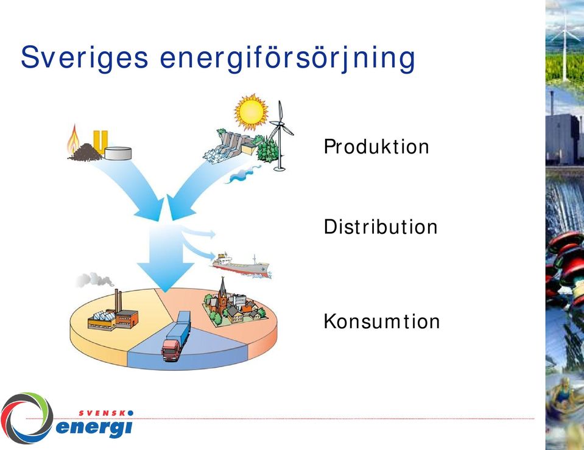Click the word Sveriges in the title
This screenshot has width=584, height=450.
pos(84,58)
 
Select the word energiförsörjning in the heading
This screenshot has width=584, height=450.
pos(287,58)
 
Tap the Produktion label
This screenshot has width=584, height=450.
pos(376,146)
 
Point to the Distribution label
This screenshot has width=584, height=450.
pos(380,227)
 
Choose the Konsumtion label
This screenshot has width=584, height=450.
pos(381,321)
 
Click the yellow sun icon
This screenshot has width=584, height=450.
pos(251,111)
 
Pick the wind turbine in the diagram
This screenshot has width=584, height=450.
pos(281,136)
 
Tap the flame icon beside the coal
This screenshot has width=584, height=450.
pos(73,139)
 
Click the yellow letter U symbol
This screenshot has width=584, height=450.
pos(100,142)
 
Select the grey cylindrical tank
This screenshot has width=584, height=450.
pos(118,153)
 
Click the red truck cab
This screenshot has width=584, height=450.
pos(171,350)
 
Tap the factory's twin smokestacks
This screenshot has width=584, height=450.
pos(118,300)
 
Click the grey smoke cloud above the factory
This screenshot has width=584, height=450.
pos(94,279)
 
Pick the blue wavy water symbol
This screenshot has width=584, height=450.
pos(242,175)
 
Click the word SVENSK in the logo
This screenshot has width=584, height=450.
pos(103,413)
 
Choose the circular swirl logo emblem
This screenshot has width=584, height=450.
pos(27,418)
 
